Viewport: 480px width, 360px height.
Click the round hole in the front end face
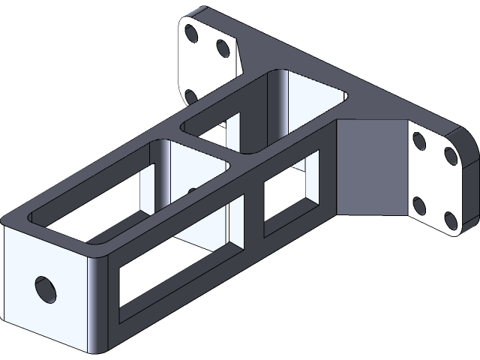click(46, 288)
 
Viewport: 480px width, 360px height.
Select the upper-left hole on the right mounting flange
click(419, 139)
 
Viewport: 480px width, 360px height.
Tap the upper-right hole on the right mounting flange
click(451, 155)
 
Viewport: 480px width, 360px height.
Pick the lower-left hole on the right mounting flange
click(420, 205)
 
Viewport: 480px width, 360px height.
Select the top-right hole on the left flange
click(223, 47)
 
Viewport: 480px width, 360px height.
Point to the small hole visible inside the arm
click(193, 191)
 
